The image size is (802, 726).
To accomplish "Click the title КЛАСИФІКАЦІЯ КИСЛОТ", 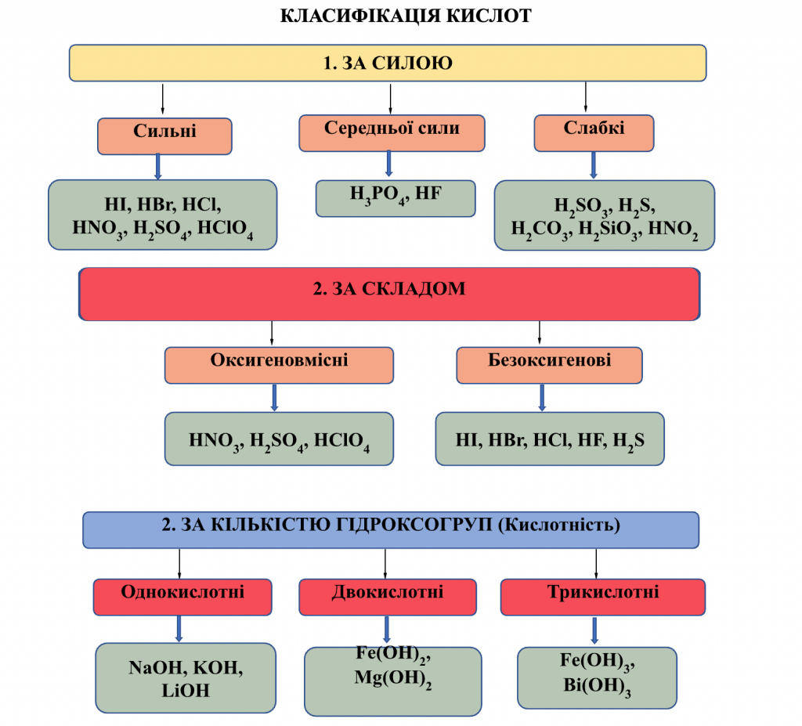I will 406,16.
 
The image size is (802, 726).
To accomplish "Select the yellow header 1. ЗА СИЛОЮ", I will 388,63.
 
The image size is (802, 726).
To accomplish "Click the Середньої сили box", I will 392,132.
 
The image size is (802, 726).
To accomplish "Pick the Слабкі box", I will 594,132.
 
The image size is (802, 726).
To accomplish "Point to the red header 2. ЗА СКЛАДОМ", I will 389,294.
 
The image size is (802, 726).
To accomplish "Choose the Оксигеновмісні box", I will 279,365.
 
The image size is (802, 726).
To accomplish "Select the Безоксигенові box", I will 549,365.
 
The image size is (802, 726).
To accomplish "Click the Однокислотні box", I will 182,596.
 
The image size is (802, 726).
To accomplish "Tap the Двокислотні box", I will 388,596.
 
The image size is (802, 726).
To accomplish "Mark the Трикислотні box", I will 602,596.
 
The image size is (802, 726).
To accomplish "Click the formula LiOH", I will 186,691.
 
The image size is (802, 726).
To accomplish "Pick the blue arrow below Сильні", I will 158,167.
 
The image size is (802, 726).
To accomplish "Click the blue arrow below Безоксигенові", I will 541,397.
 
